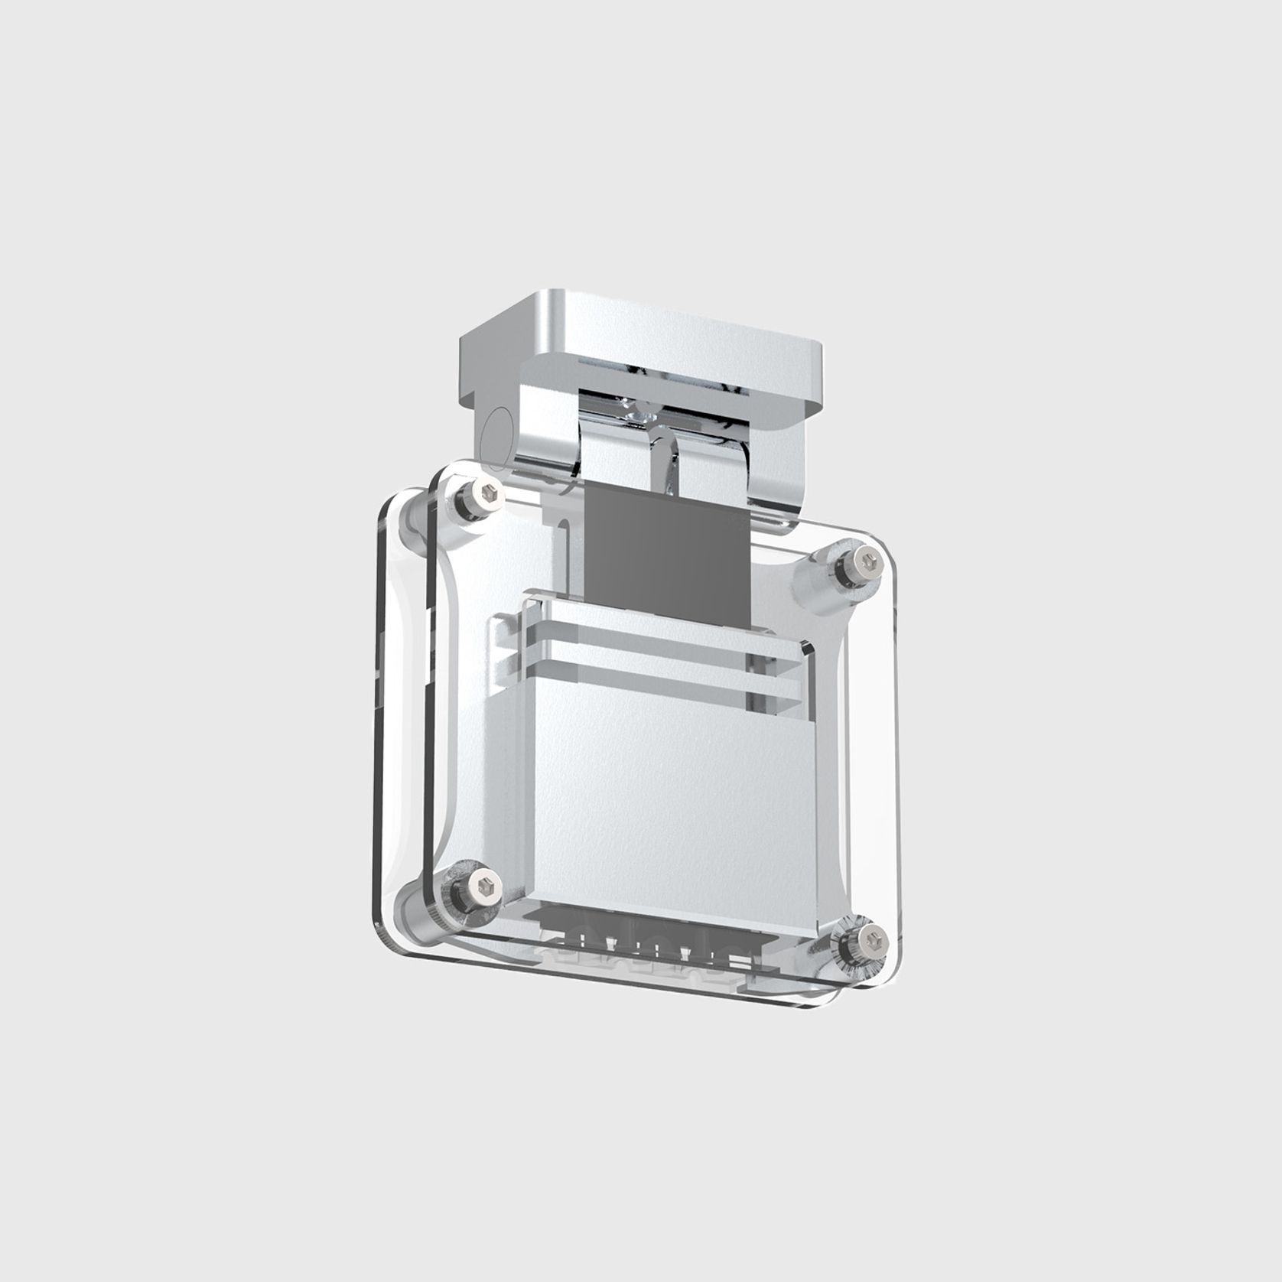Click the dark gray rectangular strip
(664, 551)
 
